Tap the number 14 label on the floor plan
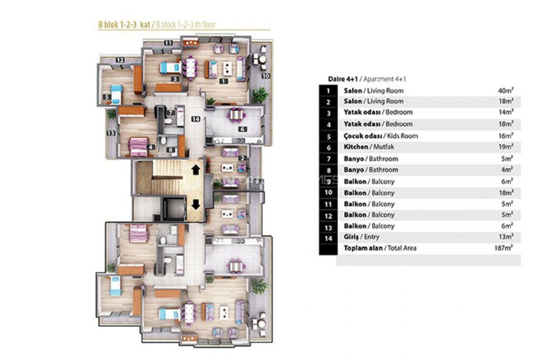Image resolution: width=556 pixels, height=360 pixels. point(195,119)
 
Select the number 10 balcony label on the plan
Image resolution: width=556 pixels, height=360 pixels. point(266,76)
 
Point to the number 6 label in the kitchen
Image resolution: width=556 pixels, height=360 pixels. point(243,130)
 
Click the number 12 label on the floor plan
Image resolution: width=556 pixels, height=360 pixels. point(120,60)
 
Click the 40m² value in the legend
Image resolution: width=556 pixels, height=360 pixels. point(504,90)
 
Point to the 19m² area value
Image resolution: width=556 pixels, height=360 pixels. point(504,147)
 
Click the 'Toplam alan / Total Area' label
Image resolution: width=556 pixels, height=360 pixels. point(379,248)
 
